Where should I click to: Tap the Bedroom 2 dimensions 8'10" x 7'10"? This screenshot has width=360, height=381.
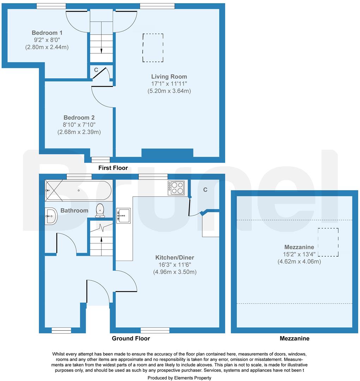coord(79,125)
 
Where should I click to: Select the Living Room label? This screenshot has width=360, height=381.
coord(169,77)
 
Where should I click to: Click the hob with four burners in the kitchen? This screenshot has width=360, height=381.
coord(176,187)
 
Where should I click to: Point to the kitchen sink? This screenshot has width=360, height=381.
coord(124,215)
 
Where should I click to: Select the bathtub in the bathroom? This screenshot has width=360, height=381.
coord(78,190)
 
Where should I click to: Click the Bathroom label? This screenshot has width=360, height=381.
coord(74,211)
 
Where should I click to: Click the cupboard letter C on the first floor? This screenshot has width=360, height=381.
coord(96,70)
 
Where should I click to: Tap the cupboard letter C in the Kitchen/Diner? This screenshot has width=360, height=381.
coord(205,190)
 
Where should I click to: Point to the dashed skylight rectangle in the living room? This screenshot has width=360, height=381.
coord(153,47)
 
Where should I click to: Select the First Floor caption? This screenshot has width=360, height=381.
coord(113,168)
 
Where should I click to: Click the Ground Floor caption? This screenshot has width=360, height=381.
coord(131,339)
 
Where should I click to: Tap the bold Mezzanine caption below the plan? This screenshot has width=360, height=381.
coord(294,339)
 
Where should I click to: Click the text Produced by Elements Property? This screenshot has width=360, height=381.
coord(180,378)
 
